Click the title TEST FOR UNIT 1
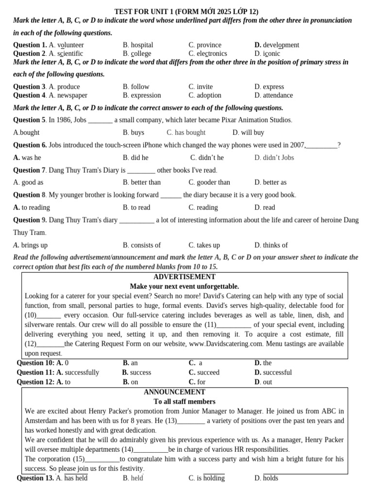pos(186,12)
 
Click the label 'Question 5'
pos(29,120)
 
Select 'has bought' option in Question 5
pos(186,133)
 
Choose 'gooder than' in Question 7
pos(209,182)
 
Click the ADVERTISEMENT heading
pos(185,277)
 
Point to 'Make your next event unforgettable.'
pos(185,286)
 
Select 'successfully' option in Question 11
pos(78,373)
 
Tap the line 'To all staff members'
pos(185,402)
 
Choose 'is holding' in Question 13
pos(206,479)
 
